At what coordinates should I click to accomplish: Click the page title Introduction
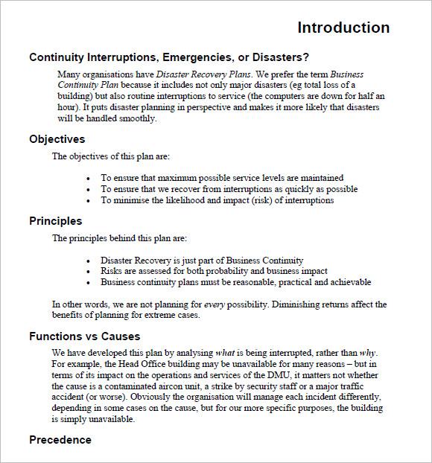tap(343, 28)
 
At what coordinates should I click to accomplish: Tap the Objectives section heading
tap(57, 139)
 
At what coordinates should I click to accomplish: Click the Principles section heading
tap(56, 221)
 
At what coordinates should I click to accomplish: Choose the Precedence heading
tap(60, 440)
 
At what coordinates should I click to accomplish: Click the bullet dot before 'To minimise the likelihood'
tap(89, 200)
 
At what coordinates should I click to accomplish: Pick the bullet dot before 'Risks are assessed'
tap(89, 272)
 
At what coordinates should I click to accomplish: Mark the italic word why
tap(367, 352)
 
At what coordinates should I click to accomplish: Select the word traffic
tap(367, 386)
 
